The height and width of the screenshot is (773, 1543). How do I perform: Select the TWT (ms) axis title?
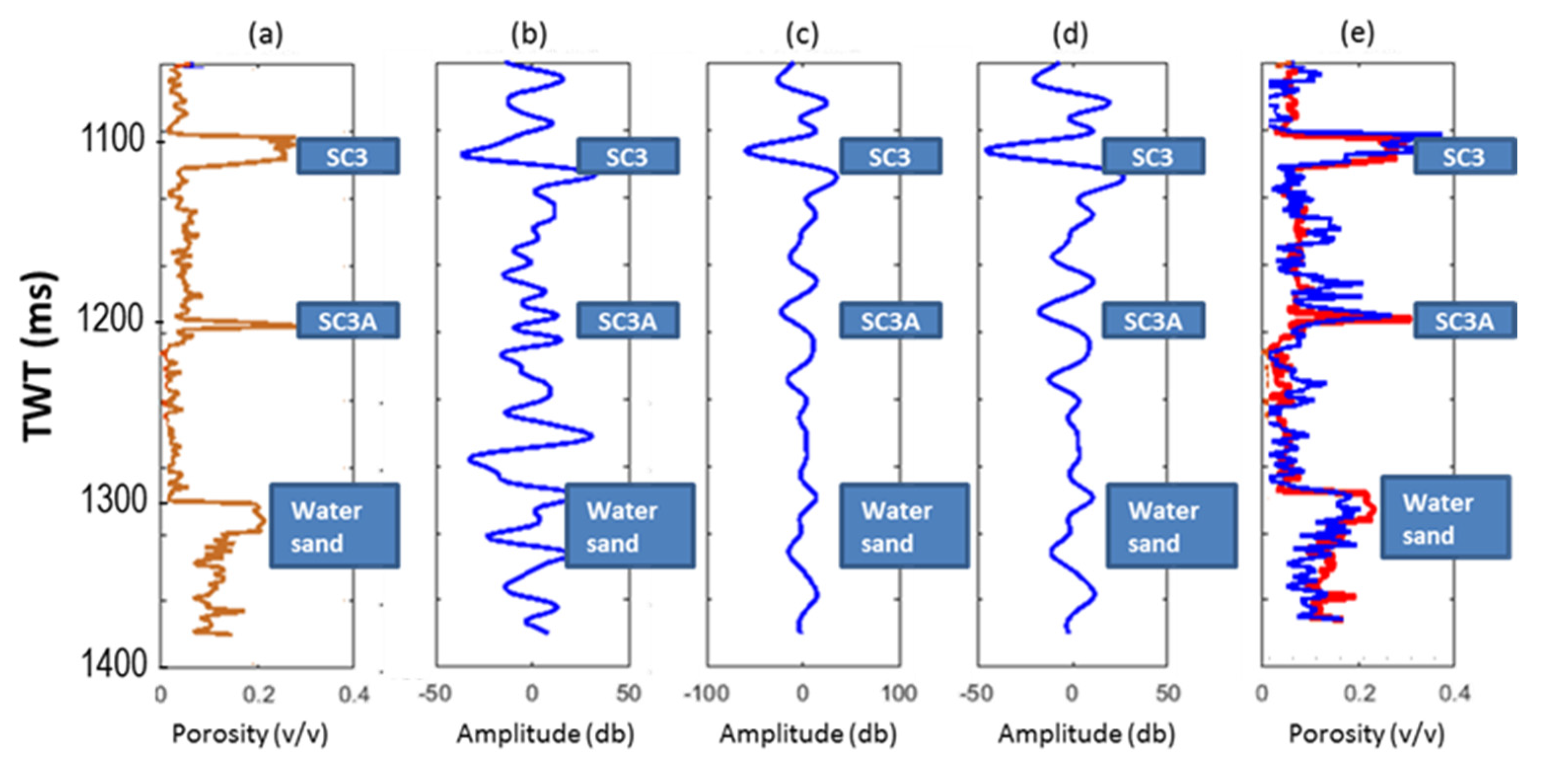click(39, 357)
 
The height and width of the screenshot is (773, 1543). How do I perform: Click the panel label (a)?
click(265, 35)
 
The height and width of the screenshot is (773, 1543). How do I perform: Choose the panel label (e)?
click(1357, 35)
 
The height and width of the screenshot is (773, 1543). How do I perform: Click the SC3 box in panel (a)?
click(348, 156)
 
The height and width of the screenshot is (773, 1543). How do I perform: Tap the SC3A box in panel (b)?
click(628, 321)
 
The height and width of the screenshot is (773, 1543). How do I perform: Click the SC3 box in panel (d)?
click(1153, 156)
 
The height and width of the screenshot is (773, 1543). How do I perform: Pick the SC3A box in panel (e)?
click(1464, 321)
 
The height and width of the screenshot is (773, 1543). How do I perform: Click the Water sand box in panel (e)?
click(1445, 518)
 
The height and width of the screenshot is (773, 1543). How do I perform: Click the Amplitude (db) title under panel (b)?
click(544, 734)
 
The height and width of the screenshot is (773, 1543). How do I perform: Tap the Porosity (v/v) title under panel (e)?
click(1366, 734)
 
